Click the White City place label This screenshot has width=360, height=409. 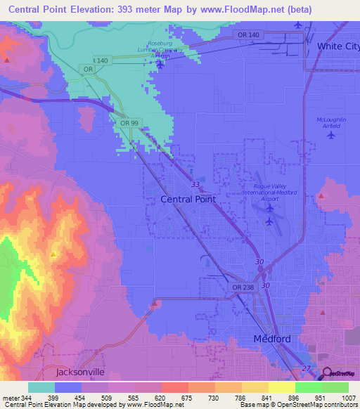337,46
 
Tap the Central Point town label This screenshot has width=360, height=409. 188,199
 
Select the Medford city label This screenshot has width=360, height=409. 272,339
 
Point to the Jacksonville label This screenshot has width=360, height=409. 79,371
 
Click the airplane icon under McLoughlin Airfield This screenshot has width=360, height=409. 331,136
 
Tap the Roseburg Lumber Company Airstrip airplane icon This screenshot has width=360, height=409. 160,65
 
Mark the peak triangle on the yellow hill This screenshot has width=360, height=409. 53,254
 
